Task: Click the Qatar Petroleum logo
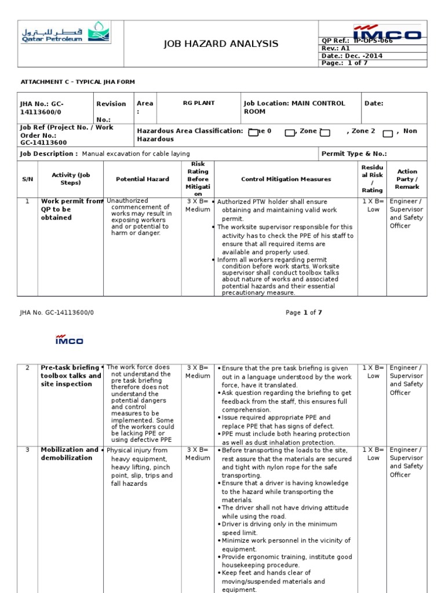click(66, 34)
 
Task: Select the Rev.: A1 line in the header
click(337, 49)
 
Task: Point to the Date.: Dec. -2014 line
click(351, 56)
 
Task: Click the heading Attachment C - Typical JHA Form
click(78, 82)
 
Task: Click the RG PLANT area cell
click(199, 103)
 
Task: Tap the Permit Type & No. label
click(354, 154)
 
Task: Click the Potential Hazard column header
click(143, 179)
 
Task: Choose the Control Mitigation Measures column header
click(286, 179)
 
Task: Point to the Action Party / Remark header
click(407, 179)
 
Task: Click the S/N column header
click(28, 179)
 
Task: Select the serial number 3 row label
click(27, 450)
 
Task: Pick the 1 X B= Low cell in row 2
click(373, 372)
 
